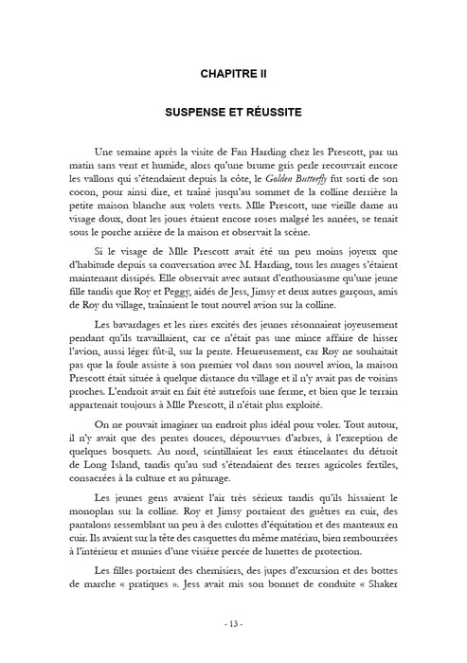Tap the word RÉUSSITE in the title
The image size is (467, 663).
coord(270,111)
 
